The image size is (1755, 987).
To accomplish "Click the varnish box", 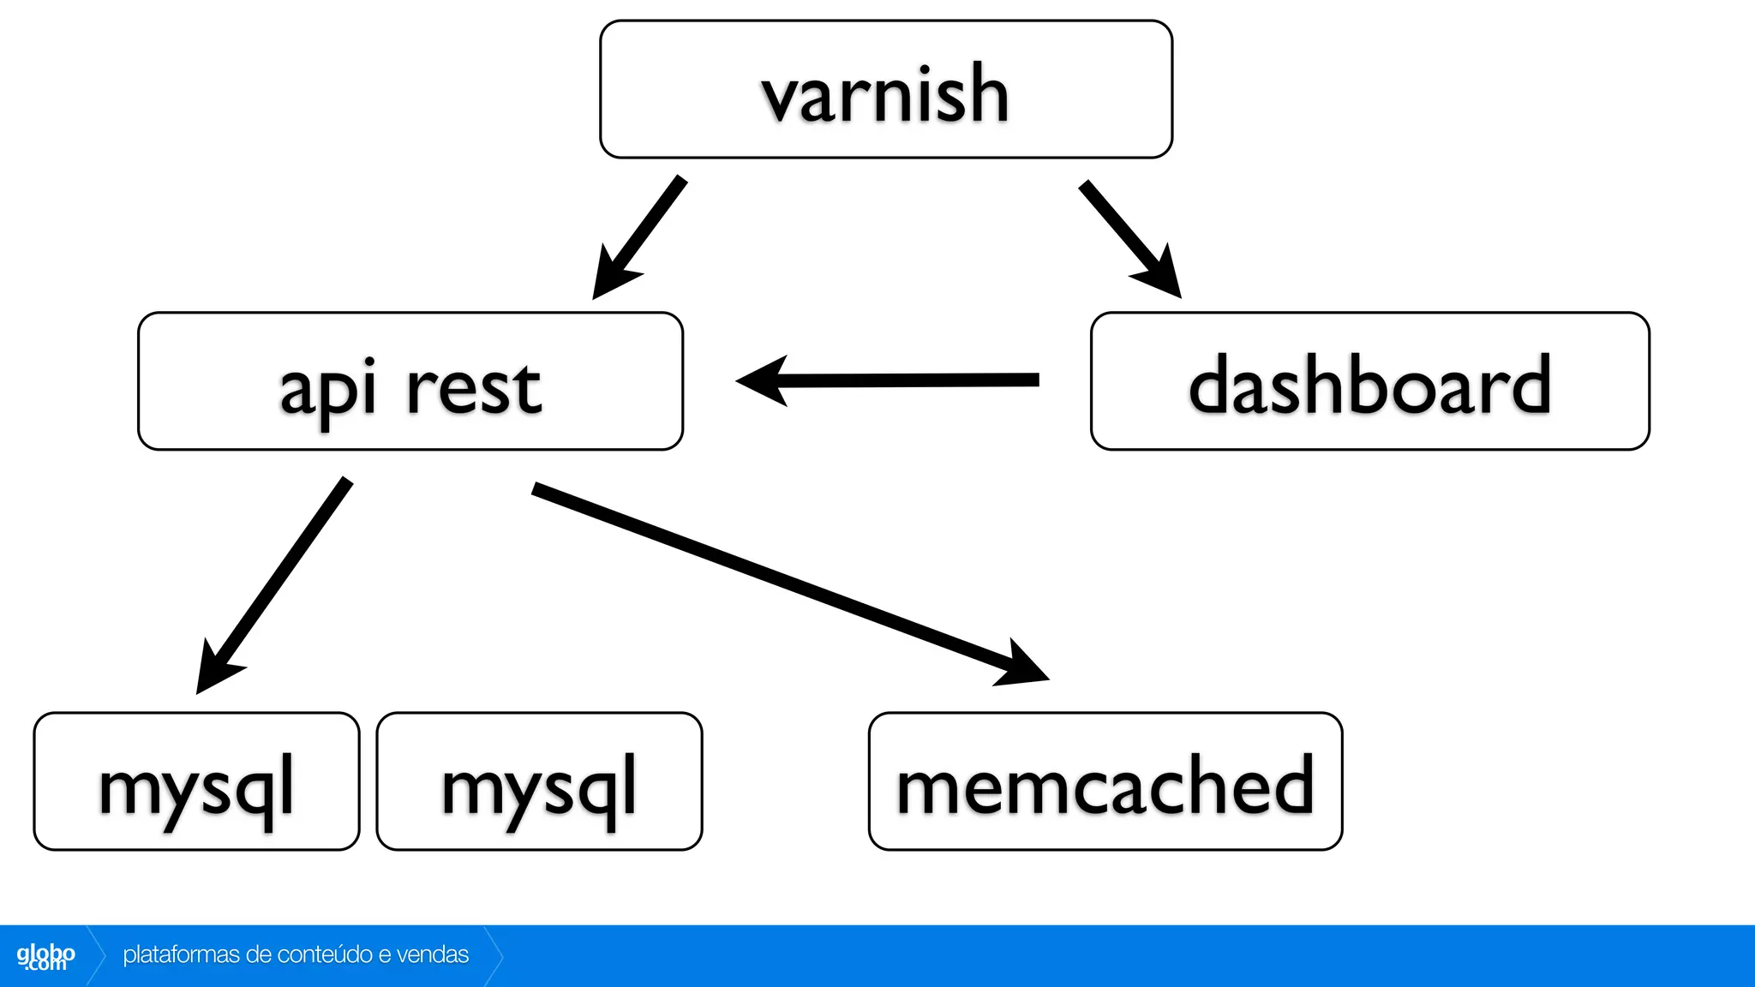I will [885, 90].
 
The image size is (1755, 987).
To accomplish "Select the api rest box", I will [410, 381].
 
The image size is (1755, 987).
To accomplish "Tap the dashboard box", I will [1369, 381].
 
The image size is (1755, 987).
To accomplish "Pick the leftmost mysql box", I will [196, 781].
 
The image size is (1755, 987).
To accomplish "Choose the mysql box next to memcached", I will [539, 781].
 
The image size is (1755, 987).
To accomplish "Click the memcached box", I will [1105, 781].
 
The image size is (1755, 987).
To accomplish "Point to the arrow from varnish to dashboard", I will [1128, 236].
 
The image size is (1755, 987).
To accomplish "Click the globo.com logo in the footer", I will [45, 956].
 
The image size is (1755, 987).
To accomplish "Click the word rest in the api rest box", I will [473, 388].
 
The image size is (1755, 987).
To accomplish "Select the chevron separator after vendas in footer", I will [494, 955].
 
